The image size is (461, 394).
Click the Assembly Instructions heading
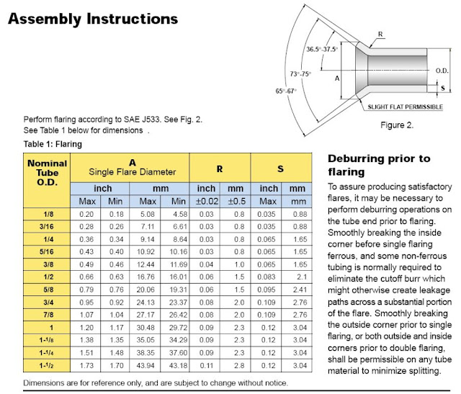click(x=93, y=19)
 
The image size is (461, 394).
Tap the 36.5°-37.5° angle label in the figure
click(x=322, y=49)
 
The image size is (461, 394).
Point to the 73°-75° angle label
click(x=300, y=73)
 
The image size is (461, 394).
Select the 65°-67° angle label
click(x=286, y=91)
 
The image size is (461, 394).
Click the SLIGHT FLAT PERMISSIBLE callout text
click(x=405, y=107)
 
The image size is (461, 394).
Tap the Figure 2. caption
click(x=397, y=125)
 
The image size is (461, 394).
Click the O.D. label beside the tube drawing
click(x=442, y=71)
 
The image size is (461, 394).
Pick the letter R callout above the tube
click(x=380, y=34)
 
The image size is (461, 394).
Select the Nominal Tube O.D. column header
click(x=47, y=173)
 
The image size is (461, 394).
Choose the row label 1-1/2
click(x=46, y=365)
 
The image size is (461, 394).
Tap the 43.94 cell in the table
click(x=146, y=365)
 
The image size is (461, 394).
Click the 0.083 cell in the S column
click(x=267, y=277)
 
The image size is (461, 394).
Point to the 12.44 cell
click(x=146, y=264)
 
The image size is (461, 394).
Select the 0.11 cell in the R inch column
click(x=207, y=365)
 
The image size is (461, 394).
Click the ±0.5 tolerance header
click(x=237, y=202)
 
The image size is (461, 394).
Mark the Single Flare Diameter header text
click(x=133, y=171)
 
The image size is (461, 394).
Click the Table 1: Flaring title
click(x=53, y=144)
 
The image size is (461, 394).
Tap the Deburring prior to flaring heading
click(x=380, y=165)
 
